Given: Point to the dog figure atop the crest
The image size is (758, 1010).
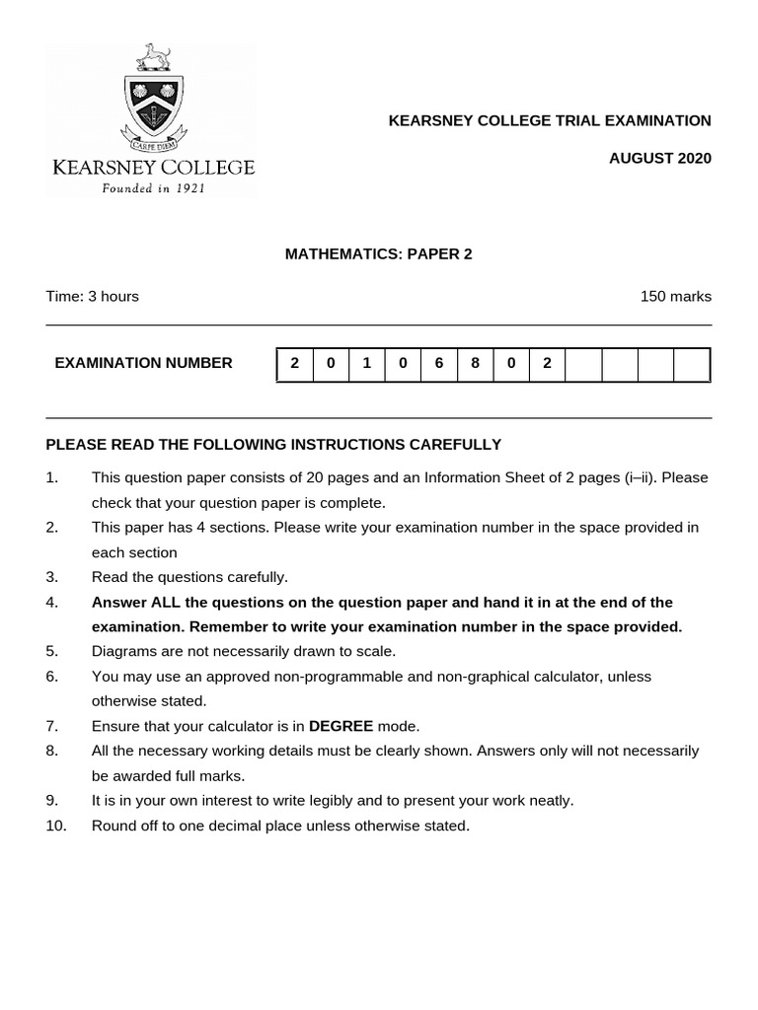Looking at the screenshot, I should (154, 57).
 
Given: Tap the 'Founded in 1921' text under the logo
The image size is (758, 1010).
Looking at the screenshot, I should (153, 188).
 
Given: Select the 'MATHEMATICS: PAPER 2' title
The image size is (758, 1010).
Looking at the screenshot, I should (379, 253).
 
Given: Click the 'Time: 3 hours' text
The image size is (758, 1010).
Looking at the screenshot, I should (92, 296).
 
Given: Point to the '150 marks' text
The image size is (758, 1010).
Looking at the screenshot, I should (676, 296).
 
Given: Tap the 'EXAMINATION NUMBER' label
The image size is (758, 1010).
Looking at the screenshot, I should (144, 363).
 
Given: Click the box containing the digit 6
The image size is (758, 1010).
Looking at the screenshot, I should (438, 363).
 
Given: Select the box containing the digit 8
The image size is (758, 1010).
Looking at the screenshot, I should (475, 363).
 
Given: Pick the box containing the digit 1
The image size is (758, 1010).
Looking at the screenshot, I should (366, 363).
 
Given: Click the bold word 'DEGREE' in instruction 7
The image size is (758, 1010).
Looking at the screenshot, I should (341, 726).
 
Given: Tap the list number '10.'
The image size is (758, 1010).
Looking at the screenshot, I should (55, 826).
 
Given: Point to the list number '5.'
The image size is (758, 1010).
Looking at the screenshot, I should (52, 651).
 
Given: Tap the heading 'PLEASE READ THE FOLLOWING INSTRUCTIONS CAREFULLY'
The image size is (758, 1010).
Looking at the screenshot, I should (273, 445).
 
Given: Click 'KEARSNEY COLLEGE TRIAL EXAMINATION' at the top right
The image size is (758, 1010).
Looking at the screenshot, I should (550, 120).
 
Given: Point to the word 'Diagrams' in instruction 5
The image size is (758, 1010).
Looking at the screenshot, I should (122, 651).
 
